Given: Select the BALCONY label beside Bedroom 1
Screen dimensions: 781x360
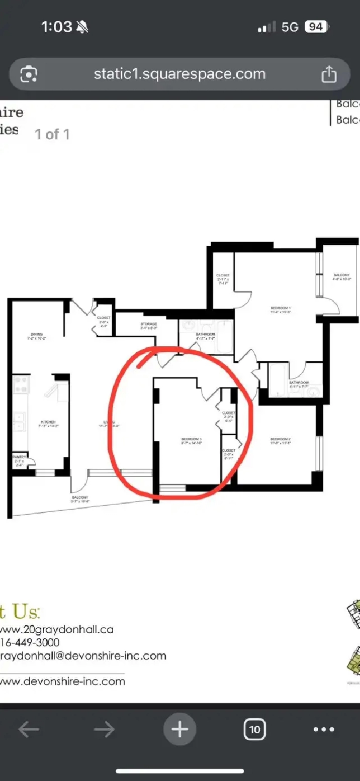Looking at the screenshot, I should pyautogui.click(x=341, y=277).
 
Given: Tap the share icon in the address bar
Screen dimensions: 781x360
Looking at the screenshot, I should pyautogui.click(x=329, y=75).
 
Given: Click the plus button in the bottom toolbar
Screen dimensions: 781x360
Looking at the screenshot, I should pyautogui.click(x=179, y=729).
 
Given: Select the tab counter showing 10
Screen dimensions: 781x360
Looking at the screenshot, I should pyautogui.click(x=255, y=729).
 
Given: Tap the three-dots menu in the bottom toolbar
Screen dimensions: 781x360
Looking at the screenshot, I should pyautogui.click(x=323, y=729).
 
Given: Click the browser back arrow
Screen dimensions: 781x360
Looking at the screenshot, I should pyautogui.click(x=28, y=729).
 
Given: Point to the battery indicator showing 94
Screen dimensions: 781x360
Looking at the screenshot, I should pyautogui.click(x=316, y=27).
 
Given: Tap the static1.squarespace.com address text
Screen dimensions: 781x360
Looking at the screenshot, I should pyautogui.click(x=179, y=74).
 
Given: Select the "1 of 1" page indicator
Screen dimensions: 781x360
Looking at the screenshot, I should pyautogui.click(x=52, y=134).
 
